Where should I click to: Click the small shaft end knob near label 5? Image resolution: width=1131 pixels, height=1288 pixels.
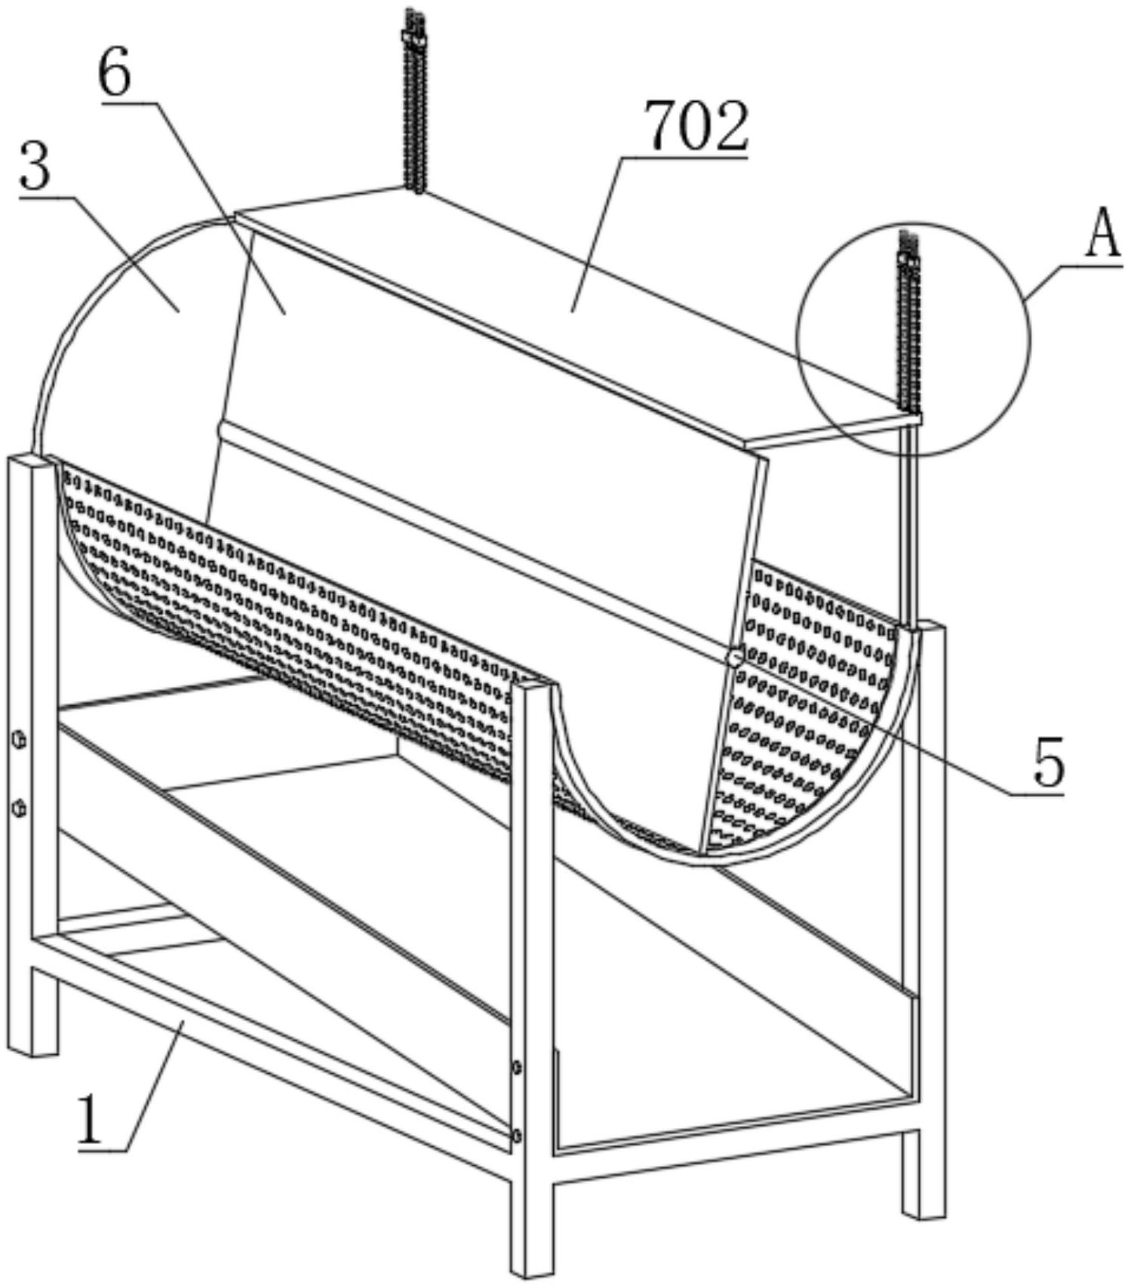pos(733,657)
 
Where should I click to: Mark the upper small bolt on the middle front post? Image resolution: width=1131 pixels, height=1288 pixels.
pos(516,1066)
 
